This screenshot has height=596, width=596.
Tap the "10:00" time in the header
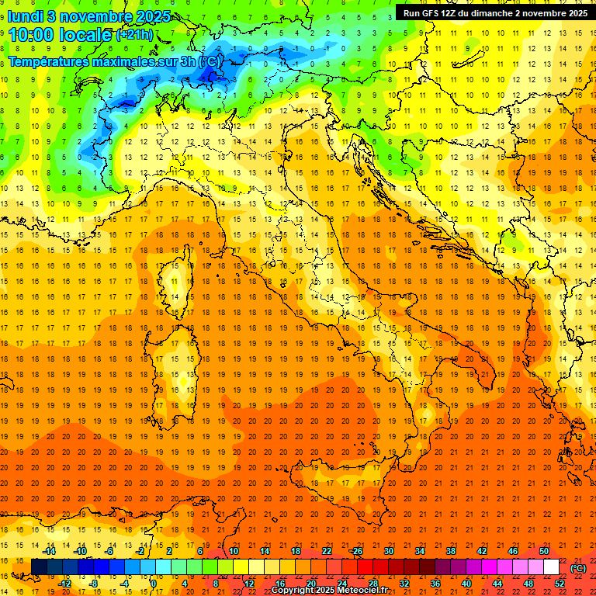pos(31,34)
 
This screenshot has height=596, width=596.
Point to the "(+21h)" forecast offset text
pos(134,35)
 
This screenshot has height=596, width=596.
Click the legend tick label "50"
pos(544,551)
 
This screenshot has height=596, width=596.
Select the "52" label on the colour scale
pos(559,584)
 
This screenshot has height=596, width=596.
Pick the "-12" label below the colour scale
pos(65,584)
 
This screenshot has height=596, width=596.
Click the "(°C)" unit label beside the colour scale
pos(578,568)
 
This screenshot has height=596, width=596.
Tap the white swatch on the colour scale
pos(551,567)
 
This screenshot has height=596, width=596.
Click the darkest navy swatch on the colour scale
pos(39,567)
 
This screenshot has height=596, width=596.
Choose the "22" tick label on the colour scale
pos(326,551)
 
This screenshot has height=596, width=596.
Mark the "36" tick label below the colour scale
pos(435,584)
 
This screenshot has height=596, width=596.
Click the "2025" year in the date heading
pos(131,16)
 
